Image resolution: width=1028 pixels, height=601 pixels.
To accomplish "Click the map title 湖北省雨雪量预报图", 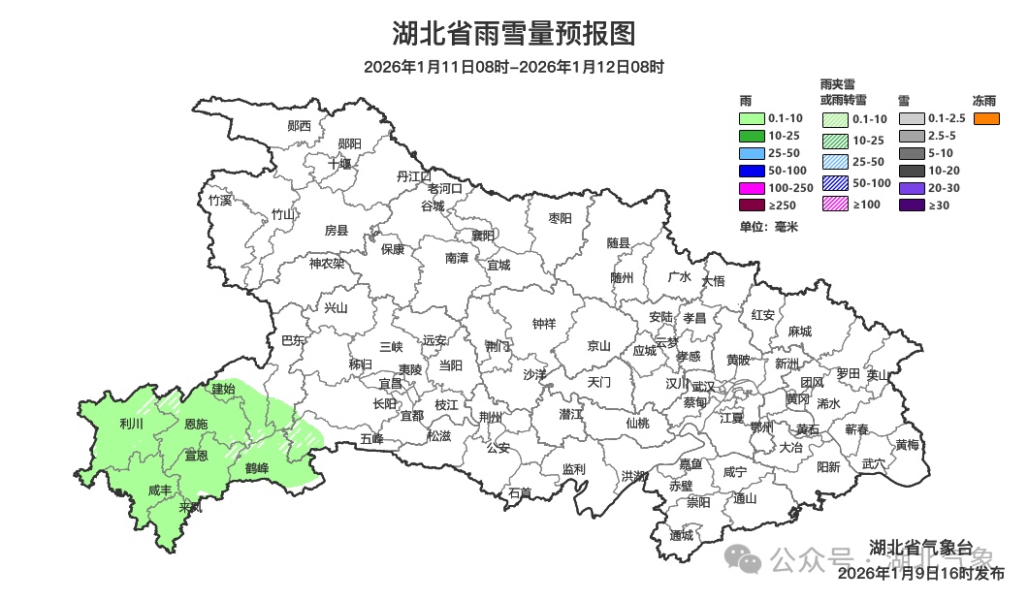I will point(513,34).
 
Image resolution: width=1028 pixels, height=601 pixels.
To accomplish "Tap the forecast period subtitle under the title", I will point(513,67).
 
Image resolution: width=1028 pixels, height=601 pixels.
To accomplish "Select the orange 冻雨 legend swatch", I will point(986,118).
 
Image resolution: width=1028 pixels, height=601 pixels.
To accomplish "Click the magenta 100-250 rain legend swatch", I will point(751,187).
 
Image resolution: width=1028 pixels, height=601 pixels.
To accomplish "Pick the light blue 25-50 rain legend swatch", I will point(751,153).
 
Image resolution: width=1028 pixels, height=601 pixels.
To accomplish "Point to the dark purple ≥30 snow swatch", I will point(912,205).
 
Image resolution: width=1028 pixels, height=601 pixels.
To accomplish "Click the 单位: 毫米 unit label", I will point(768,226).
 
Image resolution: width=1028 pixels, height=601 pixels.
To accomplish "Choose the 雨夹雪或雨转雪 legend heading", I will point(843,92).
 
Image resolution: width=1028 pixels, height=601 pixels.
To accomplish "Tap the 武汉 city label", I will point(703,386).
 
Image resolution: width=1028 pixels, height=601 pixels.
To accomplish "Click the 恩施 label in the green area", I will point(195,425).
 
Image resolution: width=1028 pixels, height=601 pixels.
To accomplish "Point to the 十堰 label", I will point(339,164).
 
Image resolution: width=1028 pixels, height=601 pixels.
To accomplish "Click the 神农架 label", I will point(326,263).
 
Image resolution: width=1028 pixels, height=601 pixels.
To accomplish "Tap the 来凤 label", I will point(191,507).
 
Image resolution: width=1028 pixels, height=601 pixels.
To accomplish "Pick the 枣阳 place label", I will point(560,218).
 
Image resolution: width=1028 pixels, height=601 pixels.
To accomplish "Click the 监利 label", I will point(573,468).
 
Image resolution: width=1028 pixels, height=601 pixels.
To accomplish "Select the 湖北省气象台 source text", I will point(919,546).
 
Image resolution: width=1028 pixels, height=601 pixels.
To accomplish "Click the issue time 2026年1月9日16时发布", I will point(921,573).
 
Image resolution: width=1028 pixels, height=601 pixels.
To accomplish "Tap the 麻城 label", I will point(799,332).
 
